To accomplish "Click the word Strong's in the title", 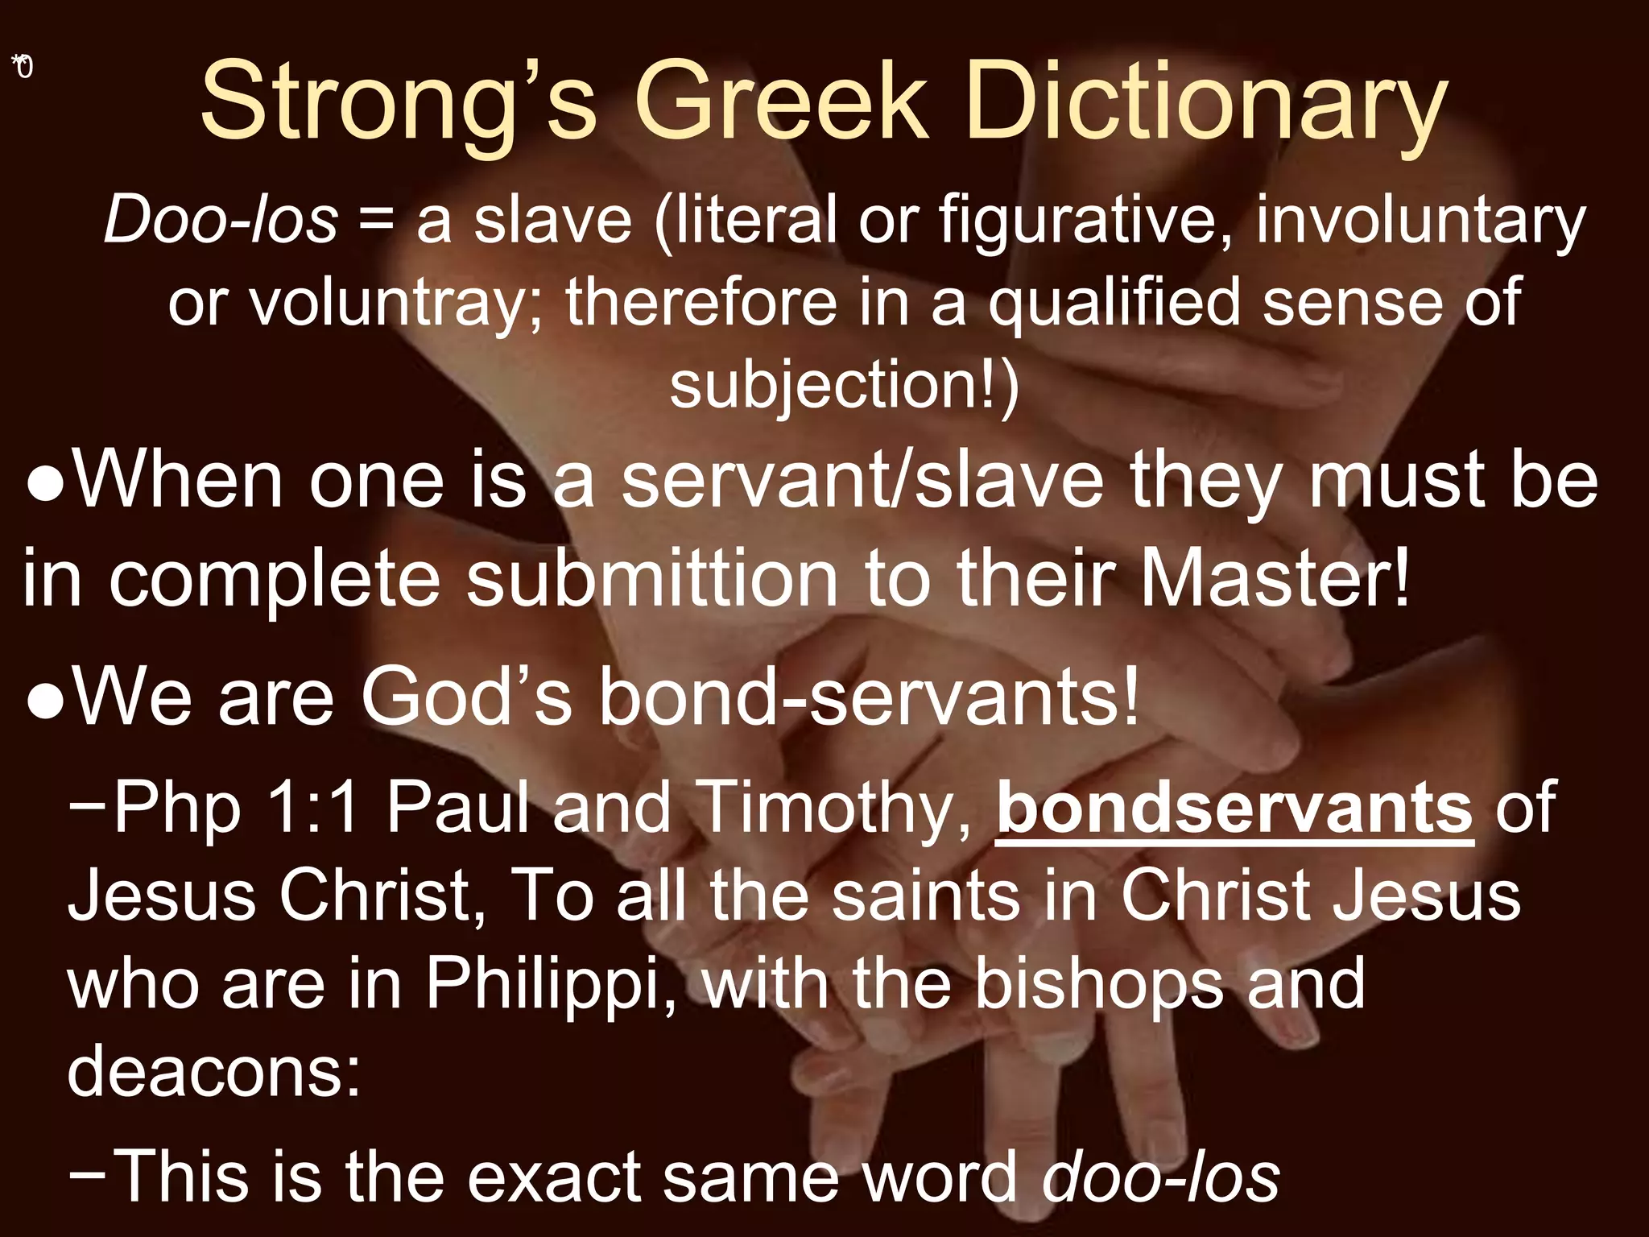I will click(398, 103).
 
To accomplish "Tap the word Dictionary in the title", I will click(1205, 103).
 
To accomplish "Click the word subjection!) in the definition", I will click(844, 384).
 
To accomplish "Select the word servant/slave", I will click(862, 481).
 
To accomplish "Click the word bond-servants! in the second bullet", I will click(869, 697).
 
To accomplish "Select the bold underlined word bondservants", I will click(1234, 807).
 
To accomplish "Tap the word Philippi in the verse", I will click(550, 984).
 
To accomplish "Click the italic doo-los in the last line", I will click(1160, 1176).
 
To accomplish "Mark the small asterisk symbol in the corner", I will click(17, 60).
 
